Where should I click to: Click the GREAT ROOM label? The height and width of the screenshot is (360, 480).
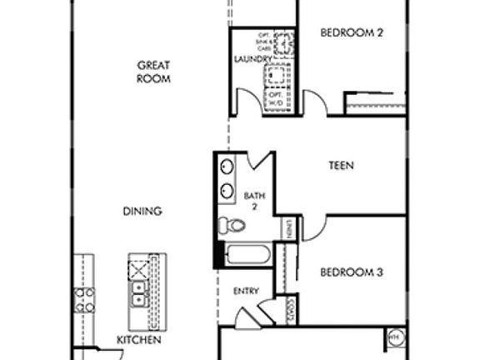click(x=154, y=72)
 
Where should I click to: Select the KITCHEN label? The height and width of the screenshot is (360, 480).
click(x=138, y=340)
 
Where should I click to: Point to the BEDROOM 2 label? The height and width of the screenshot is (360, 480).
click(x=352, y=33)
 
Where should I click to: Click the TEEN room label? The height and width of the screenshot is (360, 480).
click(x=341, y=166)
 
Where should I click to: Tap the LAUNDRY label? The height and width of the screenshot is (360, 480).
click(x=252, y=59)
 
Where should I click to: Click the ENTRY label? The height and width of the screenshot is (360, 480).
click(x=247, y=291)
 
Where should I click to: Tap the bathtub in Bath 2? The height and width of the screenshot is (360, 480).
click(x=247, y=253)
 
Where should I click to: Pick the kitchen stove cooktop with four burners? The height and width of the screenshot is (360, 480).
click(x=83, y=299)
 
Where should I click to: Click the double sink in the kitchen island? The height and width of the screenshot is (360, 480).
click(x=139, y=292)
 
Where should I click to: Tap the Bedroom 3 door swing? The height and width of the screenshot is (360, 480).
click(x=312, y=228)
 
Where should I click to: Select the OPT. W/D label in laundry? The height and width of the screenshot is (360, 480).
click(x=276, y=98)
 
